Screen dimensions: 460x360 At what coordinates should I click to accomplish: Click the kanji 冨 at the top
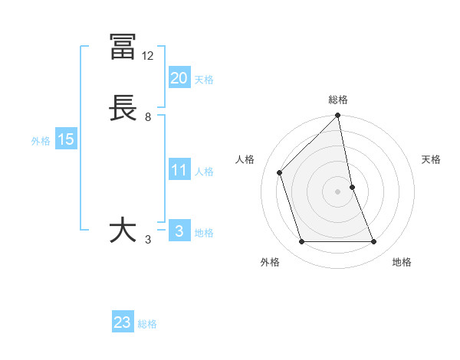123,47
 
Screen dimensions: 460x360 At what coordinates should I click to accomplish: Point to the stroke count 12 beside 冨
148,56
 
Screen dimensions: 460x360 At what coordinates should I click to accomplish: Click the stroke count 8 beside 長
148,117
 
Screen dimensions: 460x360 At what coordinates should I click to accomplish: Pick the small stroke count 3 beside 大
148,240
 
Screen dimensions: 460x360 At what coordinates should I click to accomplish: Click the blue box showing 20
179,78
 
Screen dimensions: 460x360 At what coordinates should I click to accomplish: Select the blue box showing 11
179,170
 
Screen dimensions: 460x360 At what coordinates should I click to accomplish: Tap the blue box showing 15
66,139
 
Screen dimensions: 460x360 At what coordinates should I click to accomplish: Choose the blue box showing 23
123,322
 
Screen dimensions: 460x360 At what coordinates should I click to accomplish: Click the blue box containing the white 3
179,231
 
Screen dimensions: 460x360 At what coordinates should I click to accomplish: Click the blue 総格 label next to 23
147,324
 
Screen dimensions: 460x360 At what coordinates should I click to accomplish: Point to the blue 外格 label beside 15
41,141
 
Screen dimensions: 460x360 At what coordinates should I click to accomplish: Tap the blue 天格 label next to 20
204,80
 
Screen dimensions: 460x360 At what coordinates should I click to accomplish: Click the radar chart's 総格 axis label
338,100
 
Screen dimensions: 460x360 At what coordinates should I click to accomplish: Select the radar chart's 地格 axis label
402,262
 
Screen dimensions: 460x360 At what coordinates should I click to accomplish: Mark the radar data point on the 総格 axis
338,116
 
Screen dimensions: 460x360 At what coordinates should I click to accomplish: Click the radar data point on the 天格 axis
352,187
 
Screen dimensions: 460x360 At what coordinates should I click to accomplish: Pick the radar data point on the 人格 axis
280,172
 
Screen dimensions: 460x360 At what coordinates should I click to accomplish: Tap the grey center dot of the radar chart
338,191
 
